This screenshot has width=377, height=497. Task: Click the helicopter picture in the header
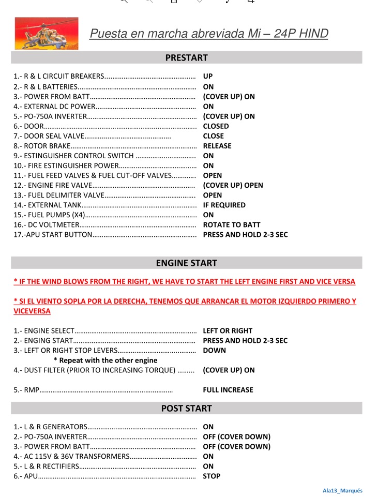click(47, 34)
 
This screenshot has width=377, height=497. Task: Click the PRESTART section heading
click(186, 58)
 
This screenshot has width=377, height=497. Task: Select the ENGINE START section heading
click(186, 263)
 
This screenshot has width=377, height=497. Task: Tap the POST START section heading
click(186, 409)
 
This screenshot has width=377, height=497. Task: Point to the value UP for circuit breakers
click(208, 77)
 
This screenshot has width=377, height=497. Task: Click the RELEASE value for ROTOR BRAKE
click(217, 146)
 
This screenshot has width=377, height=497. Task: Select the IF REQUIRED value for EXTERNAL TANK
click(224, 205)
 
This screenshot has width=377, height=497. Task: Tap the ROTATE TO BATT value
click(232, 225)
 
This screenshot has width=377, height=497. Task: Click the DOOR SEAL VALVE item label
click(50, 136)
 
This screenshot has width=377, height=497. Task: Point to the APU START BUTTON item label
click(53, 235)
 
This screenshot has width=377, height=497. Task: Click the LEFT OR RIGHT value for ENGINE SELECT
click(228, 331)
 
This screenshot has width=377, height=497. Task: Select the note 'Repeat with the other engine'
click(105, 360)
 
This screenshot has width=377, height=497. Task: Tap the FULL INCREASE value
click(228, 390)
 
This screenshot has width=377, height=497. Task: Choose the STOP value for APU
click(212, 476)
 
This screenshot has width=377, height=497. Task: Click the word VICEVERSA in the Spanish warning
click(32, 311)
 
